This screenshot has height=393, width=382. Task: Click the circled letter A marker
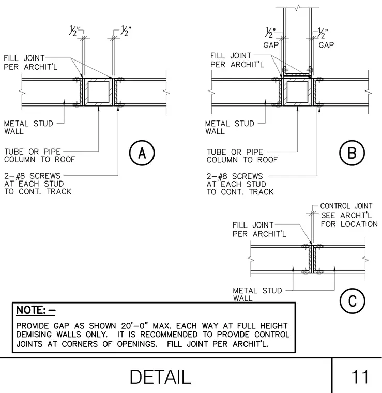point(142,153)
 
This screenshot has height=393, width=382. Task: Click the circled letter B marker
point(352,153)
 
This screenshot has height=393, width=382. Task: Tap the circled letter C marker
point(352,301)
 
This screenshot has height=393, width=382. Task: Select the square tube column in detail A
point(98,92)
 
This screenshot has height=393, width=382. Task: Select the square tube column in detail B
point(297,92)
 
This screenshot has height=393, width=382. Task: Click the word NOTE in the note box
point(31,310)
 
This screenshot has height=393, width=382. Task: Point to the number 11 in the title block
point(360,376)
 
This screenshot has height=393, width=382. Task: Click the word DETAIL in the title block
point(160,376)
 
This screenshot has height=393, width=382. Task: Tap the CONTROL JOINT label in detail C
point(346,206)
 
